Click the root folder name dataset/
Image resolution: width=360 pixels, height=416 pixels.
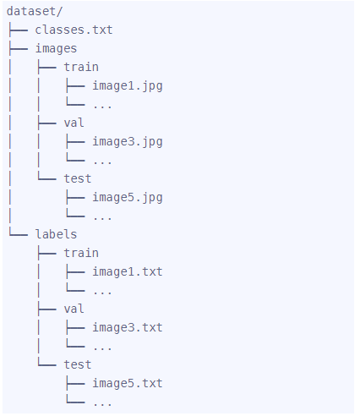[x=35, y=11]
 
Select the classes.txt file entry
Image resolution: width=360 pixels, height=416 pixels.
[x=74, y=30]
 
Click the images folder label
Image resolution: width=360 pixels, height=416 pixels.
[x=56, y=48]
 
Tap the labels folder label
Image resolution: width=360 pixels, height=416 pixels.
[x=56, y=234]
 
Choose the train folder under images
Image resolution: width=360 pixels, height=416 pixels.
[x=81, y=67]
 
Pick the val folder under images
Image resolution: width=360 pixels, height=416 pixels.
[x=74, y=123]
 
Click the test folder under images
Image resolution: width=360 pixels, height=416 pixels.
[x=78, y=178]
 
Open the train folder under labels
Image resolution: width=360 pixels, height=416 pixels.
[x=81, y=253]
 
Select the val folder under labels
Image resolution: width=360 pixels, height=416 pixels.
[x=74, y=309]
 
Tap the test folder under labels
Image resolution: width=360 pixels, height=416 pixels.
[x=78, y=364]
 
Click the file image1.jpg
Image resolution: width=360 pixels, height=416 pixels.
[x=128, y=86]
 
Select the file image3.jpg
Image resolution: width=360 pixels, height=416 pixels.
[x=128, y=142]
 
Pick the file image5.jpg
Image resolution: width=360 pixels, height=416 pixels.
[x=128, y=198]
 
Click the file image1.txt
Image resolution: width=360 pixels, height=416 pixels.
[x=128, y=271]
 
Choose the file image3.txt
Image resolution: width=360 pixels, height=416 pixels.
[x=128, y=327]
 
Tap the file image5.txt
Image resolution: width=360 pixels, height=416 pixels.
[x=128, y=383]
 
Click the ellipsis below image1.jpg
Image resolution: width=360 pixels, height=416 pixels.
[x=102, y=107]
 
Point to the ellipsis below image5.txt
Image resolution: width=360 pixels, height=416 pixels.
[x=102, y=404]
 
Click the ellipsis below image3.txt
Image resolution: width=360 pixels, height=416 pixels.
[x=102, y=348]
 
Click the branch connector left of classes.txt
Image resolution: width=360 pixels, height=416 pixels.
[x=18, y=30]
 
